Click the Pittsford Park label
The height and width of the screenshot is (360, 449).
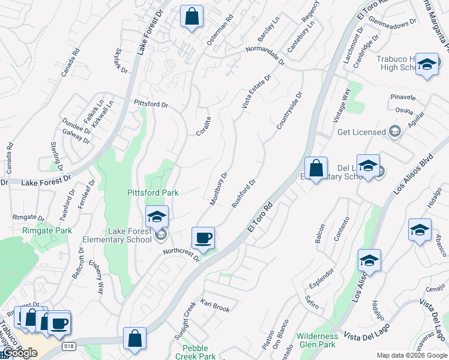152,193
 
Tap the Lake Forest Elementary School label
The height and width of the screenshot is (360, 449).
130,235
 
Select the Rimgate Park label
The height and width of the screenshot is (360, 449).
47,230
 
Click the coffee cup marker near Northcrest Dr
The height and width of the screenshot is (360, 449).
203,238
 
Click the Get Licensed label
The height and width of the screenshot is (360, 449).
361,132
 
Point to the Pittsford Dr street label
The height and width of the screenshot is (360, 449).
151,104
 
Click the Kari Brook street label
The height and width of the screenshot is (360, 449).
215,306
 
